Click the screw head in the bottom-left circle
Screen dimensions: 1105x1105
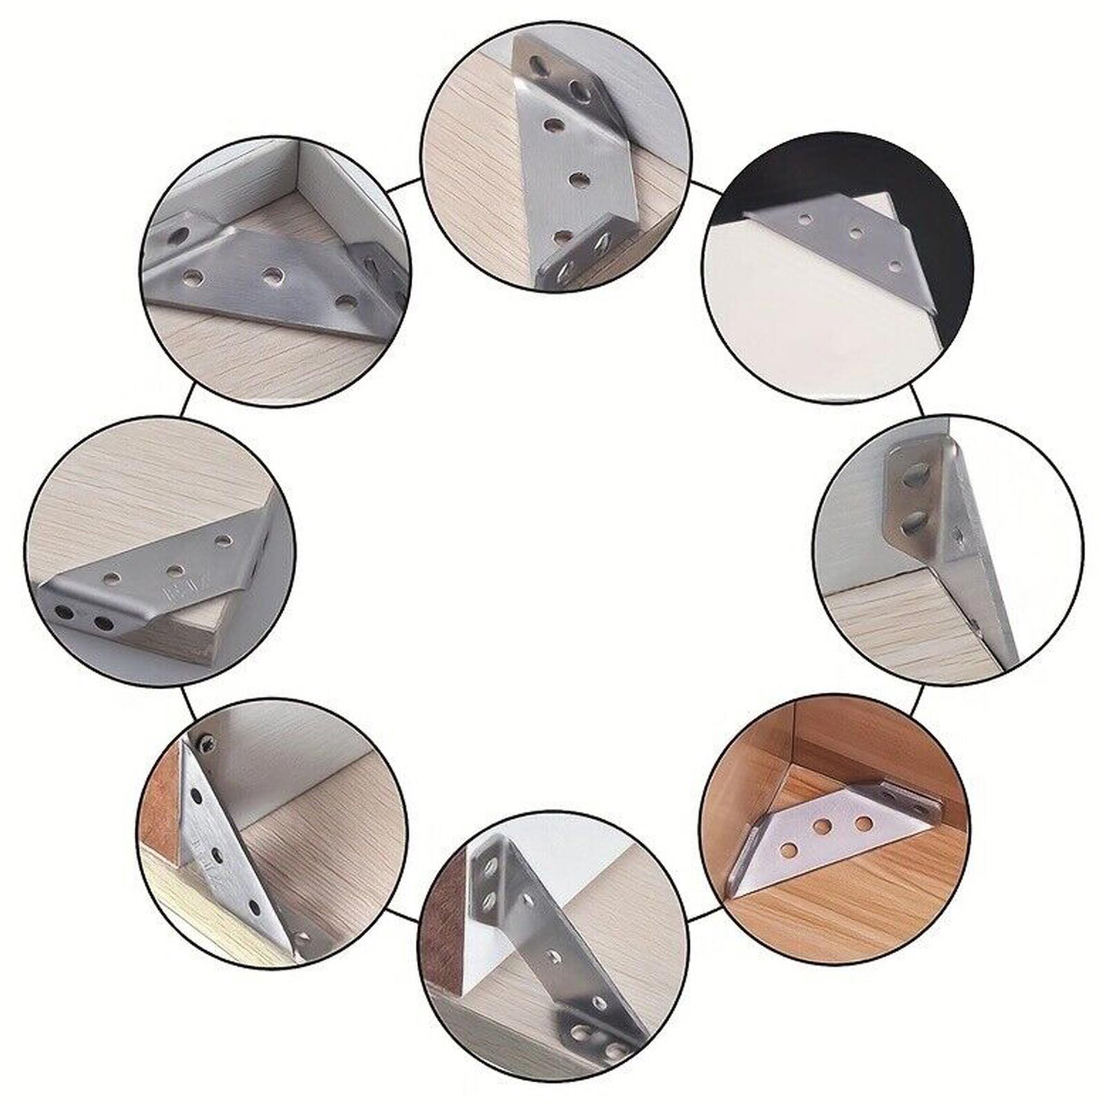(205, 743)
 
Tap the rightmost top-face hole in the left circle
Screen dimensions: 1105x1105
(222, 539)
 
